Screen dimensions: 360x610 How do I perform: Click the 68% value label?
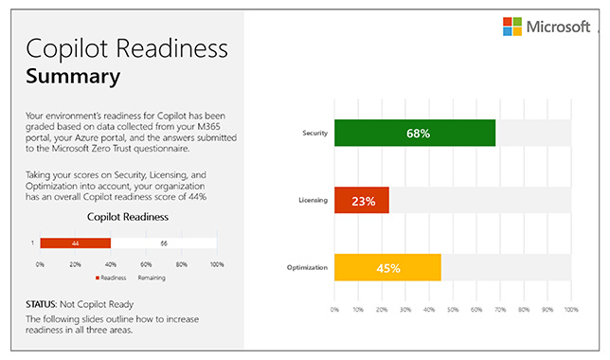(x=418, y=134)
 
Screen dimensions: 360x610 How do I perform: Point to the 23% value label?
(x=363, y=201)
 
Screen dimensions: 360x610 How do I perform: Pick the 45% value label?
(x=387, y=268)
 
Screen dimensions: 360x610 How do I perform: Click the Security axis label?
(x=314, y=134)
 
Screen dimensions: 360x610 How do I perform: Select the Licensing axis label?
(x=314, y=200)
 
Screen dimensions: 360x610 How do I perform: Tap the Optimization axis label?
(x=307, y=267)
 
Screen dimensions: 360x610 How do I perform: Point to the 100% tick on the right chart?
(x=571, y=309)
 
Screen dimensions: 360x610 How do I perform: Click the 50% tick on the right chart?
(x=453, y=309)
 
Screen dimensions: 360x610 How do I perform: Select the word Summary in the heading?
(x=73, y=77)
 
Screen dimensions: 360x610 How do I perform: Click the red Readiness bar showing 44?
(x=75, y=243)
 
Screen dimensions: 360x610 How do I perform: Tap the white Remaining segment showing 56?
(x=164, y=243)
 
